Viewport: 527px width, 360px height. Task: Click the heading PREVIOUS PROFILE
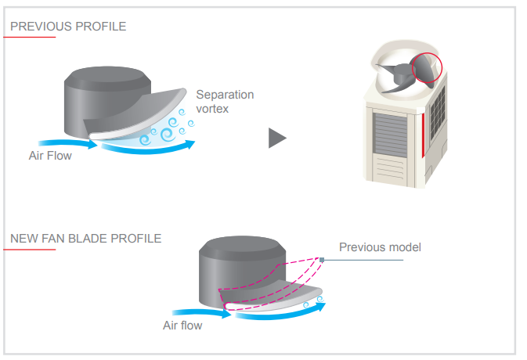(x=67, y=27)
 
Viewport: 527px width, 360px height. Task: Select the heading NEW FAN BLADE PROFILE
(x=85, y=239)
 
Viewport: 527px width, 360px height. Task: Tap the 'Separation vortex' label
(x=225, y=102)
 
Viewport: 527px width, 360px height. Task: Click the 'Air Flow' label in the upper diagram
(x=50, y=156)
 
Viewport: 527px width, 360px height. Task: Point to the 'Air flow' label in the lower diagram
(x=182, y=325)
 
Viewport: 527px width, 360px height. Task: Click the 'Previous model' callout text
(x=380, y=247)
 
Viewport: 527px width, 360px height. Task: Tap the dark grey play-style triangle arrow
(x=276, y=138)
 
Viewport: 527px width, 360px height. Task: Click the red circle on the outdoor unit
(x=427, y=68)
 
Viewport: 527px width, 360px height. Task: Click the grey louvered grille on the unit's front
(x=389, y=133)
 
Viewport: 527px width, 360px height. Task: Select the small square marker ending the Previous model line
(x=322, y=259)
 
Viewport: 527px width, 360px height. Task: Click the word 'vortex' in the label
(x=212, y=109)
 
